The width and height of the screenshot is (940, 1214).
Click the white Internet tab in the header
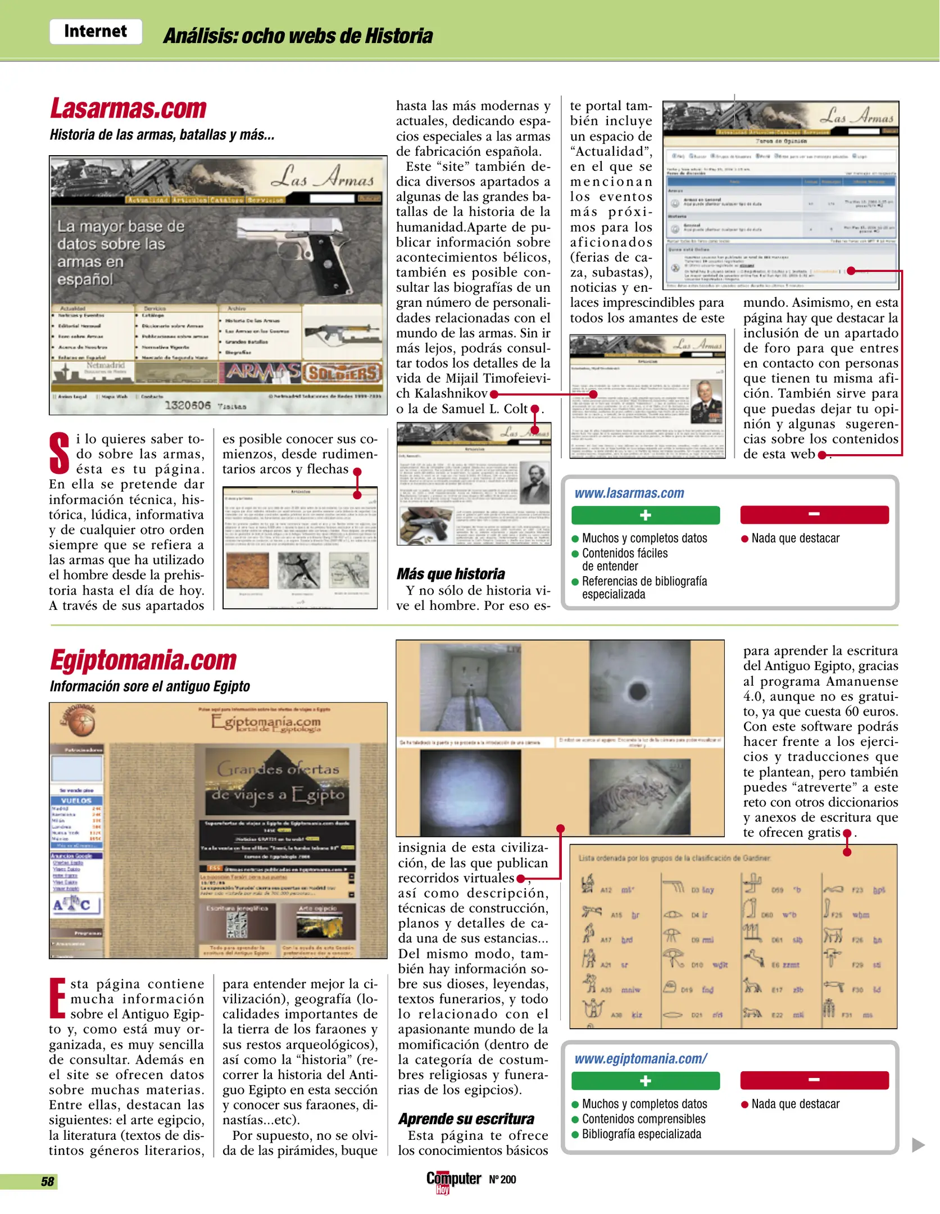coord(96,31)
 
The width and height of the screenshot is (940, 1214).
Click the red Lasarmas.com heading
coord(129,108)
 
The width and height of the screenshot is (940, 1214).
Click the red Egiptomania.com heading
coord(144,660)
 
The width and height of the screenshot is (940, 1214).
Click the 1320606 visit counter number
coord(187,405)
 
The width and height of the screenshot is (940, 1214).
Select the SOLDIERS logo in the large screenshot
coord(343,373)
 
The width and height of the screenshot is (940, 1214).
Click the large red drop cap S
coord(60,453)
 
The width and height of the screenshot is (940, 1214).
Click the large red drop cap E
coord(58,998)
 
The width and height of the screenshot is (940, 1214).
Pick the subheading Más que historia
coord(451,574)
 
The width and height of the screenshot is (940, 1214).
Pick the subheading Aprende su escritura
coord(466,1119)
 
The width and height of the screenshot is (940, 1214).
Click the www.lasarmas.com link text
coord(629,493)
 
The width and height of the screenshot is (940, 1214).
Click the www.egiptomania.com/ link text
coord(641,1059)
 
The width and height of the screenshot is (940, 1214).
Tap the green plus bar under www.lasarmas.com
coord(645,515)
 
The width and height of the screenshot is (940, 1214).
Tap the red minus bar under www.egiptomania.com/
coord(814,1080)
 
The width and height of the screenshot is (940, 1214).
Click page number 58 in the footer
coord(47,1182)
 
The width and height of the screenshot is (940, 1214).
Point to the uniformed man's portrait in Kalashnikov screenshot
coord(708,402)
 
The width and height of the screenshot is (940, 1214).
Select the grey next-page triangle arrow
coord(918,1145)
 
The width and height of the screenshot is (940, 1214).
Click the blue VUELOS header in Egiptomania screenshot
coord(76,800)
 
